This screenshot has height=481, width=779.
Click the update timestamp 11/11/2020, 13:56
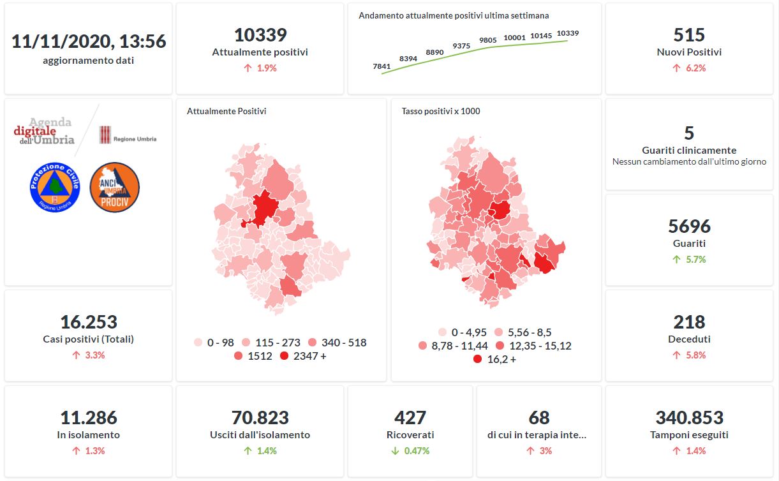point(89,41)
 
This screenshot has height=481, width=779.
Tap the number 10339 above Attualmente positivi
point(260,34)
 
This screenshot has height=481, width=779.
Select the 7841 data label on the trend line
point(382,66)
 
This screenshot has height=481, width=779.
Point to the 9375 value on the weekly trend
point(461,46)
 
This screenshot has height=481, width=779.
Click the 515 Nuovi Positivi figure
point(689,34)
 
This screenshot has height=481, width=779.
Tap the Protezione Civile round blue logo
point(55,188)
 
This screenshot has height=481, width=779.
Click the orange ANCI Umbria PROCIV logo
point(115,188)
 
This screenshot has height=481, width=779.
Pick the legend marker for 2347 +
point(284,356)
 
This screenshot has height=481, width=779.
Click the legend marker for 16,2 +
point(478,359)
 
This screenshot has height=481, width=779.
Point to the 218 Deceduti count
point(689,322)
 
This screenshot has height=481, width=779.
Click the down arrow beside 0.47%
point(395,451)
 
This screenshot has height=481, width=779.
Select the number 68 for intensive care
point(539,418)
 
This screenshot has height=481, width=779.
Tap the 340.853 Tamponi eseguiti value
point(689,418)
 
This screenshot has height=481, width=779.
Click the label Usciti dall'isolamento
point(260,435)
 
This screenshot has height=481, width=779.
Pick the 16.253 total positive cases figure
point(89,322)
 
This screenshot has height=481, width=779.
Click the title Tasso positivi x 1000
point(441,111)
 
